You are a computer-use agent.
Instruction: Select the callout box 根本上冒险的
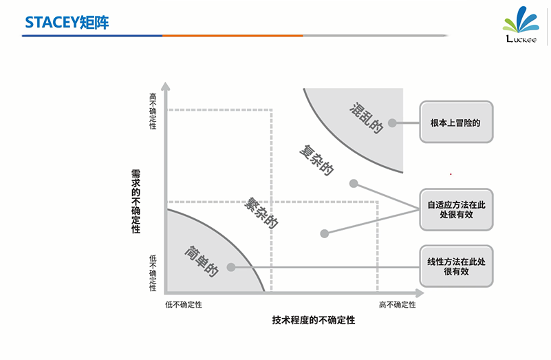pos(455,123)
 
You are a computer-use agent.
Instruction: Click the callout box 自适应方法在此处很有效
pos(455,209)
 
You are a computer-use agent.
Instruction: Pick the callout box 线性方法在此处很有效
pos(455,266)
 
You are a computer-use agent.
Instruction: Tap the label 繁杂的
pos(262,214)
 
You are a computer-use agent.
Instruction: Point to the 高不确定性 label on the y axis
pos(153,111)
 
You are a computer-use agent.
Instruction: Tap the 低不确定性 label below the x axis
pos(184,304)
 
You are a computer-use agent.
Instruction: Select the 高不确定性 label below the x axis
pos(398,304)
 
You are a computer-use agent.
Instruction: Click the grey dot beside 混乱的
pos(391,123)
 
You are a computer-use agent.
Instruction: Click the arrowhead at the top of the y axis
pos(165,87)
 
